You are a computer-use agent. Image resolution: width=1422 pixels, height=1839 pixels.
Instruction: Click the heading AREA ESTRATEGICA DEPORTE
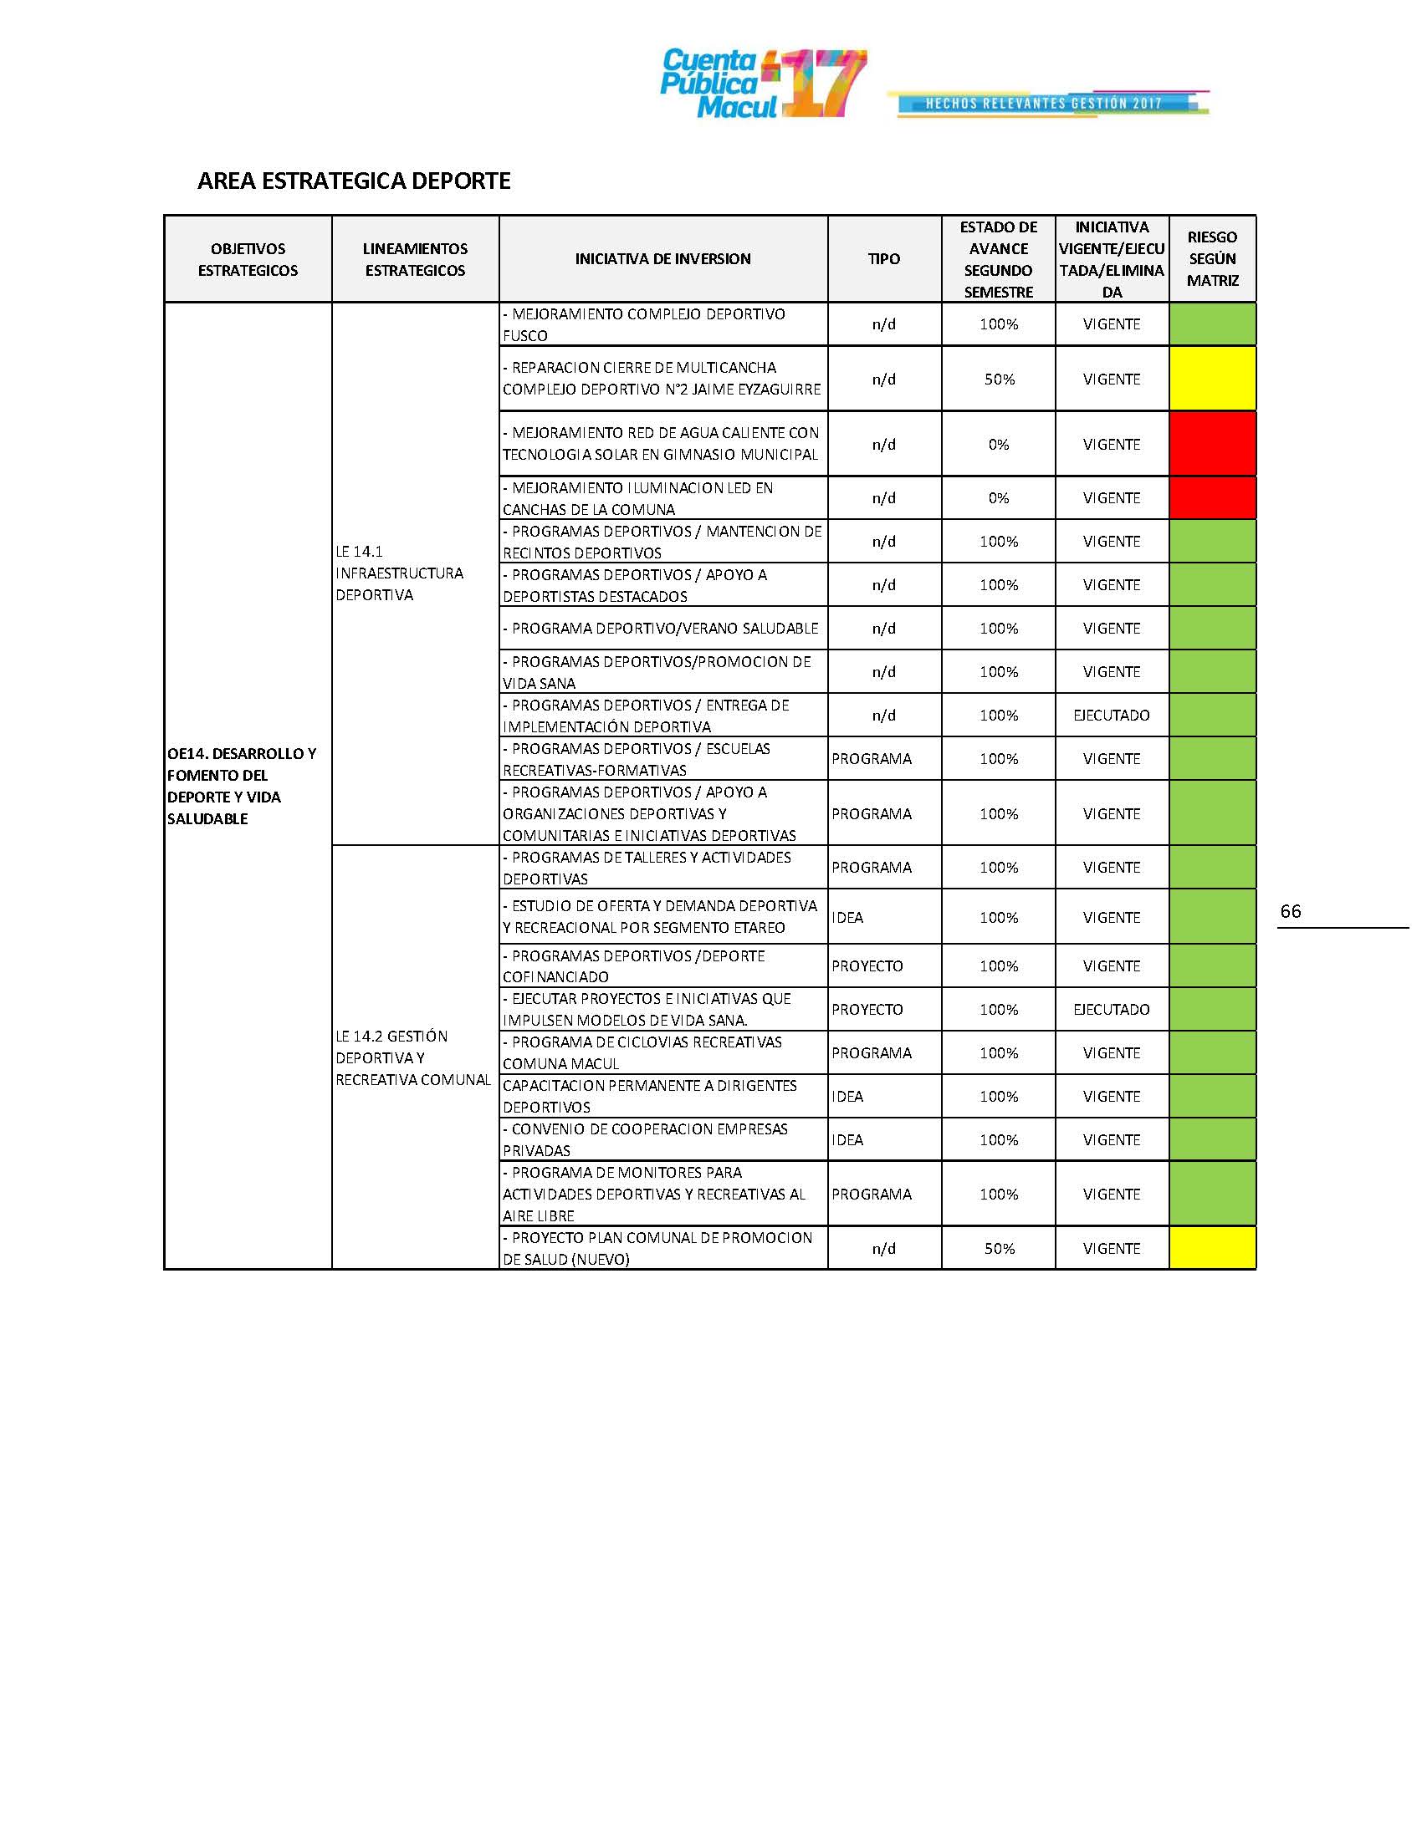[x=354, y=181]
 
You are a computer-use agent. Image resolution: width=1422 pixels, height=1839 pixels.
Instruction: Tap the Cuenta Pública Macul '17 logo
[x=762, y=84]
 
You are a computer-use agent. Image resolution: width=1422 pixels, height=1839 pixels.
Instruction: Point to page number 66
[x=1290, y=911]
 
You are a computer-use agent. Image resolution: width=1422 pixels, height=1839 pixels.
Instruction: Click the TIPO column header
[x=883, y=259]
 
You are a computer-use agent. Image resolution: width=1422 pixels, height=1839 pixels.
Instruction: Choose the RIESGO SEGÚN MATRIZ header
[x=1211, y=259]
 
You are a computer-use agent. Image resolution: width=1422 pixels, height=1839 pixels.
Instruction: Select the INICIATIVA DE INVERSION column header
[x=663, y=259]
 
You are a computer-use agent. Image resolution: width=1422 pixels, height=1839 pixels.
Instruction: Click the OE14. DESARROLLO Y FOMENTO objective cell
[x=243, y=786]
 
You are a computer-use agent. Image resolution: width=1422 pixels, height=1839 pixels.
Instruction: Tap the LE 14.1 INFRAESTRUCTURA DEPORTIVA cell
[x=399, y=573]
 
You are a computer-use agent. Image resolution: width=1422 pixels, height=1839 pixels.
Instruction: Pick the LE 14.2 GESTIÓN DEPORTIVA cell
[x=412, y=1057]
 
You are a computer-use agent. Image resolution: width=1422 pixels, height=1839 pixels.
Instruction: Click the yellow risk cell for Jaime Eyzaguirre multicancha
[x=1211, y=379]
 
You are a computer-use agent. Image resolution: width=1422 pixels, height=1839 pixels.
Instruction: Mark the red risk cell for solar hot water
[x=1211, y=444]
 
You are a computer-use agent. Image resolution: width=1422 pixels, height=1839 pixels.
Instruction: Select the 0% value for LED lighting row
[x=998, y=497]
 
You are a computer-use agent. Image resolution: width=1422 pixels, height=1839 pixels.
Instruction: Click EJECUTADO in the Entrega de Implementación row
[x=1111, y=715]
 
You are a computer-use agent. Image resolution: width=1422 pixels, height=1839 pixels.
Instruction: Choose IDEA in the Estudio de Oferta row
[x=847, y=917]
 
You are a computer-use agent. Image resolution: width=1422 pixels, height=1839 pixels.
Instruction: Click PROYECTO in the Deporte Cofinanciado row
[x=867, y=965]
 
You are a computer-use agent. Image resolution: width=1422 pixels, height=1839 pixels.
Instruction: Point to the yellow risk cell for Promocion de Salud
[x=1211, y=1248]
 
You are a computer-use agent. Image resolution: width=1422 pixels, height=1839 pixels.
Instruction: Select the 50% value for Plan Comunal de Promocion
[x=998, y=1248]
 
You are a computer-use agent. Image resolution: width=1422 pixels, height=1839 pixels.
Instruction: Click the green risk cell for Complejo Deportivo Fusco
[x=1211, y=324]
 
